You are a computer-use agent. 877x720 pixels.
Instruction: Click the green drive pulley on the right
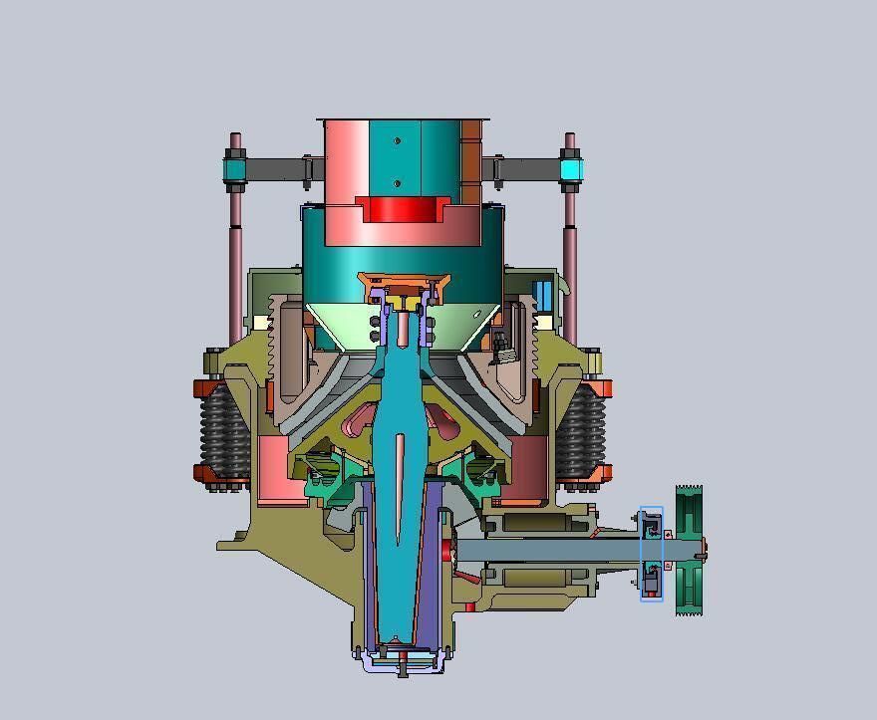[689, 550]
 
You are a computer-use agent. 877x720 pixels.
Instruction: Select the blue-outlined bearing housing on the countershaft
[651, 553]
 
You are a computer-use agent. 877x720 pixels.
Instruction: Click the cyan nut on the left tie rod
[234, 171]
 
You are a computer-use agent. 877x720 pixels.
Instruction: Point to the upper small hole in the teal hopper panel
[398, 141]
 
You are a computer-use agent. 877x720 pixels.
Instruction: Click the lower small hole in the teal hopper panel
[398, 183]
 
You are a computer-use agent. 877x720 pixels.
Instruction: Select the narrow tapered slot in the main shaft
[400, 488]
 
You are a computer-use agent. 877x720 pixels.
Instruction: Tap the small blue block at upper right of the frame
[544, 296]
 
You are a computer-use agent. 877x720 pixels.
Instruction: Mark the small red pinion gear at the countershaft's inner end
[446, 550]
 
